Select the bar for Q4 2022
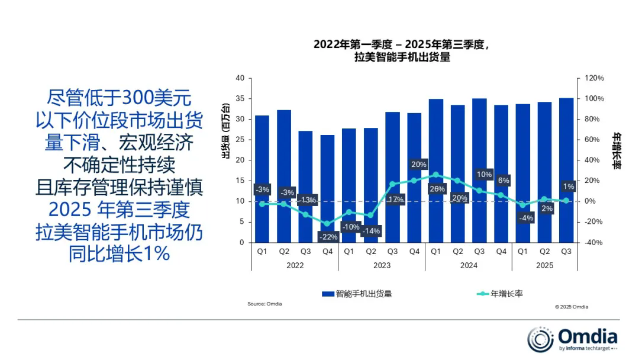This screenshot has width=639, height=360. [x=327, y=178]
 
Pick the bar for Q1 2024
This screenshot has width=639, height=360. [x=436, y=148]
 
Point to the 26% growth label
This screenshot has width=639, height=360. [x=436, y=189]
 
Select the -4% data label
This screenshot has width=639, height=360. [x=523, y=218]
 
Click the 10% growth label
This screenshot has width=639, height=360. [x=484, y=174]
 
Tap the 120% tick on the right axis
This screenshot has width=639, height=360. [x=595, y=78]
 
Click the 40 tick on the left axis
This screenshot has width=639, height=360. [x=240, y=78]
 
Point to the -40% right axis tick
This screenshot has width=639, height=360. [x=595, y=242]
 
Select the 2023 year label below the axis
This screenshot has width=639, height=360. [x=382, y=266]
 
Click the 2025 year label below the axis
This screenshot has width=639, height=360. [x=544, y=266]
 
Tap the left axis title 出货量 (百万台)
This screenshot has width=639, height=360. [x=225, y=131]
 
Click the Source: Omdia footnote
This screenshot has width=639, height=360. [x=264, y=304]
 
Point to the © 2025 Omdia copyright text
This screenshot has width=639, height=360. [x=572, y=307]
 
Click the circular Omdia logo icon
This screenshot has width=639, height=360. [x=540, y=339]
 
